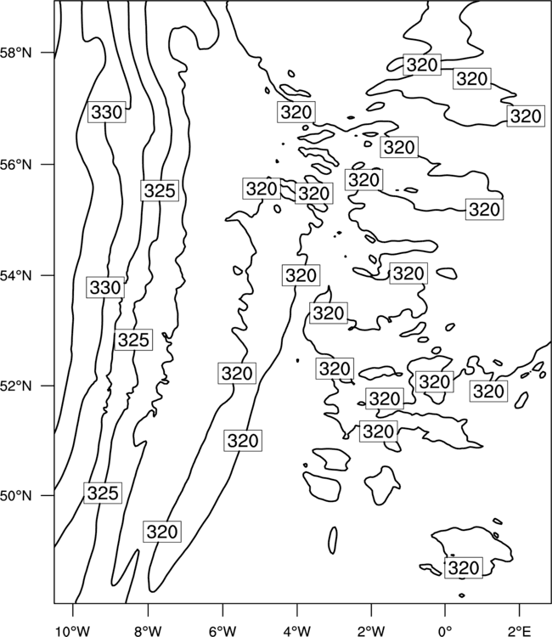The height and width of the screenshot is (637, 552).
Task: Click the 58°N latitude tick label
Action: (15, 53)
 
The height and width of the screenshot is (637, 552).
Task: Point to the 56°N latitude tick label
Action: (15, 165)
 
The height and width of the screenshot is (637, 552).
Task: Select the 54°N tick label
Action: (15, 276)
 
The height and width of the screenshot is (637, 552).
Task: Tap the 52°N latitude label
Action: (15, 386)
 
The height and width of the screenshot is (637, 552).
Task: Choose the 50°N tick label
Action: (15, 496)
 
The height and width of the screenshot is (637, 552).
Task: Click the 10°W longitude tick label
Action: (73, 631)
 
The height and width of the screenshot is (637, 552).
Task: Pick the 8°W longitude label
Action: (148, 631)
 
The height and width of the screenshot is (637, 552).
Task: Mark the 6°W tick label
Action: (222, 631)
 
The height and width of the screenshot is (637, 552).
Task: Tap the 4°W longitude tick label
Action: (296, 631)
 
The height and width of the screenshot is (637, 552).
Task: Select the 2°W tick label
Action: (371, 631)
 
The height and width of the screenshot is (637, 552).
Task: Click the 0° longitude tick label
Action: (445, 631)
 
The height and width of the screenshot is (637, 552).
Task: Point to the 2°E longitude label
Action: (520, 631)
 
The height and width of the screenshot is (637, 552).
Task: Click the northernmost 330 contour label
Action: (107, 112)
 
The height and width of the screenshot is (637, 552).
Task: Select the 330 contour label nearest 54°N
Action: (105, 288)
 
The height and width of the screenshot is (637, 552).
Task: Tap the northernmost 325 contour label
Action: (160, 190)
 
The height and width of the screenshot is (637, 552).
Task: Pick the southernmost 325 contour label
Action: (103, 493)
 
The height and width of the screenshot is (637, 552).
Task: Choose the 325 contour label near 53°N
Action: (133, 340)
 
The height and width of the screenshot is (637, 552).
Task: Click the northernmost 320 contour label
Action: (422, 65)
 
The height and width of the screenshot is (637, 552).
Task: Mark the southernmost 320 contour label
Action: (464, 567)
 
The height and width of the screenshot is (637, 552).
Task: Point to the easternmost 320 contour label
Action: (526, 116)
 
